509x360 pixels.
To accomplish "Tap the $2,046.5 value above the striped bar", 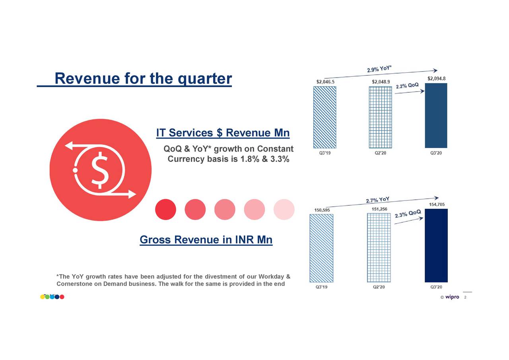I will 325,82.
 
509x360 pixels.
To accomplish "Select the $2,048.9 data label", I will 381,82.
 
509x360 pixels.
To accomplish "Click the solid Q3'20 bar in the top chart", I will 436,115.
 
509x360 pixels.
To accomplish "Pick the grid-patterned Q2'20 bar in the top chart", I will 380,117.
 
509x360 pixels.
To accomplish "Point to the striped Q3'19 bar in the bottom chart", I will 322,248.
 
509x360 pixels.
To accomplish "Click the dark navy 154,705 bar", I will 436,245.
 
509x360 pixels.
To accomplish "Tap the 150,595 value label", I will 322,210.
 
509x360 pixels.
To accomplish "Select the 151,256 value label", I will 379,209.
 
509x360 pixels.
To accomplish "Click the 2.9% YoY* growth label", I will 379,68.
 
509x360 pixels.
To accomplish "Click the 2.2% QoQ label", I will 407,86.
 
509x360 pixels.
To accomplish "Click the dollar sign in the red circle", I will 99,170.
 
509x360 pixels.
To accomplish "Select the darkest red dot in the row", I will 165,209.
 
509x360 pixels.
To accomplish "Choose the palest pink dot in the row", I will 284,209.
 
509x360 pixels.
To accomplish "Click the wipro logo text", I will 452,297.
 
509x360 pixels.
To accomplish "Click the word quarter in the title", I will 204,79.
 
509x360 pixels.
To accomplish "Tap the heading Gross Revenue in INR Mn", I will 206,240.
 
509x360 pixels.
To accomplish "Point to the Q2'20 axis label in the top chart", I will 380,154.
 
